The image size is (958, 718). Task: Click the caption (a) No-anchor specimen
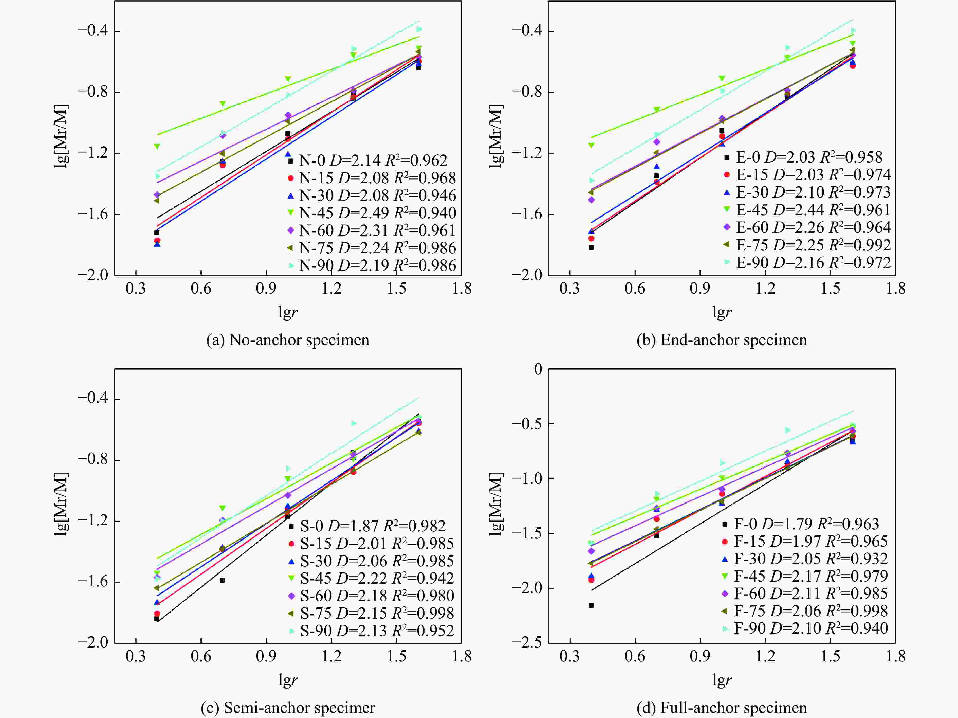[288, 340]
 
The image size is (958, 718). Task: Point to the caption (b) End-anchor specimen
[722, 340]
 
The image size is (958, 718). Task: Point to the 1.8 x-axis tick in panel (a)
[462, 289]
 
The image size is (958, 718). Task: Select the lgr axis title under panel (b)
[722, 312]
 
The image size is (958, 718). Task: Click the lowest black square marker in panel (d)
[591, 605]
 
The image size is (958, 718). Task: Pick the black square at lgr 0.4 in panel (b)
[591, 248]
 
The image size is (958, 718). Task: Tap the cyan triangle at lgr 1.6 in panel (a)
[419, 29]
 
